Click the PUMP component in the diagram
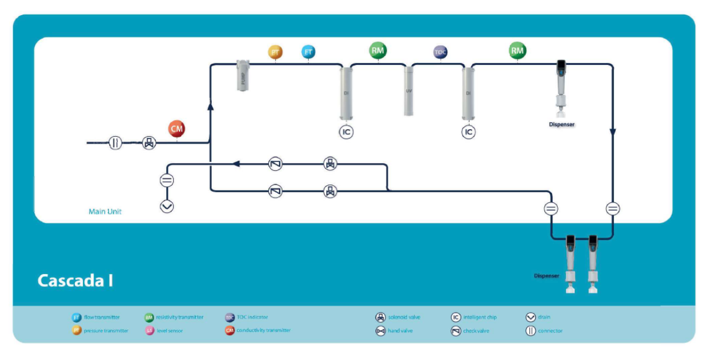(244, 74)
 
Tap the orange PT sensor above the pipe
(275, 52)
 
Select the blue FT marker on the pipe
(308, 52)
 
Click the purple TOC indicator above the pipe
(440, 52)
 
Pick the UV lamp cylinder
(409, 91)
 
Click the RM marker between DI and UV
(378, 51)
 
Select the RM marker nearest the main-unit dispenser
(518, 51)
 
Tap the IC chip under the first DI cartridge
(347, 132)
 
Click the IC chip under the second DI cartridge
(468, 132)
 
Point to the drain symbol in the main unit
(167, 206)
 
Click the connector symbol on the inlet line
(116, 142)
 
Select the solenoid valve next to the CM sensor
(149, 142)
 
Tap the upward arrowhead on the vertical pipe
(211, 106)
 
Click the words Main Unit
(105, 212)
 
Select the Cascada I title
(75, 281)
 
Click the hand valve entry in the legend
(393, 331)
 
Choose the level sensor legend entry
(164, 331)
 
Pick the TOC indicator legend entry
(247, 317)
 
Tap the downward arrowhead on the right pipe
(613, 133)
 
